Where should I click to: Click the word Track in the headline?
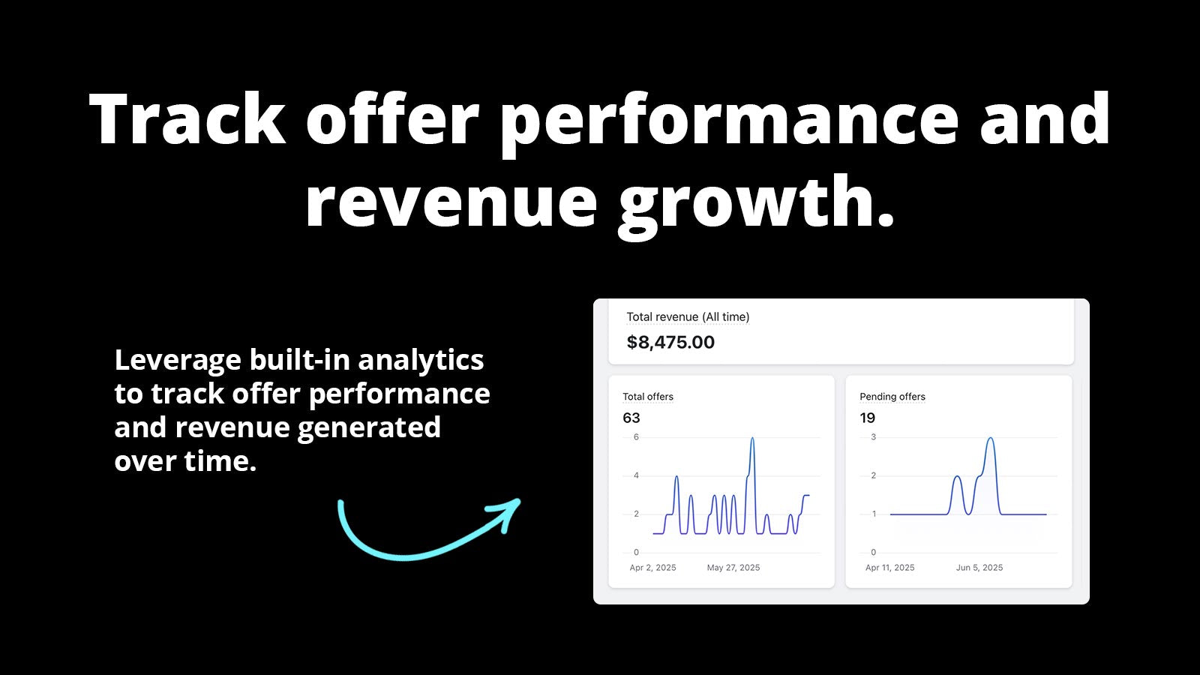click(x=187, y=119)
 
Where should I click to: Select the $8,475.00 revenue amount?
click(x=670, y=342)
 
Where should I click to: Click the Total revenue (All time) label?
click(x=688, y=316)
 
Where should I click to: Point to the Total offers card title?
click(x=648, y=397)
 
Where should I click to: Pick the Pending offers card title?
click(x=892, y=397)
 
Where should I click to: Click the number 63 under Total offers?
click(x=631, y=418)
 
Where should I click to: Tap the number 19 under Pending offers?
click(x=867, y=418)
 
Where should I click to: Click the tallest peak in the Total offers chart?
click(x=753, y=439)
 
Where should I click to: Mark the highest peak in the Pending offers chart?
click(x=991, y=439)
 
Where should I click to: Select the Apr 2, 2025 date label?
click(x=652, y=567)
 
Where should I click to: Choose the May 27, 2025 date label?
click(x=733, y=567)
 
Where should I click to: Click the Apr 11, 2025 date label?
click(x=889, y=567)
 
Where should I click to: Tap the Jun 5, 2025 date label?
click(x=979, y=567)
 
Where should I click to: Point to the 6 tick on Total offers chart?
click(x=637, y=437)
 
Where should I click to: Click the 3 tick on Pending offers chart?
click(x=874, y=437)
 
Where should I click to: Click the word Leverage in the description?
click(x=178, y=361)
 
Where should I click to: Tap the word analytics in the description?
click(x=421, y=359)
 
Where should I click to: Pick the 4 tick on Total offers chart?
click(x=637, y=475)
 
